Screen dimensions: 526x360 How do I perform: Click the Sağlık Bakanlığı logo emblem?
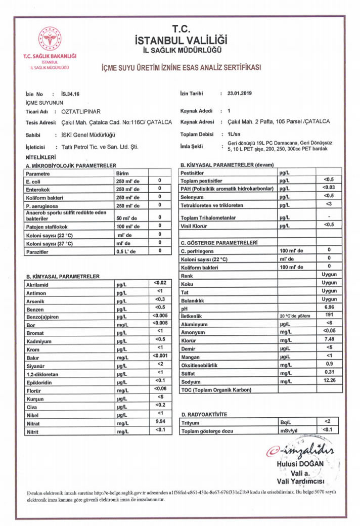[x=50, y=39]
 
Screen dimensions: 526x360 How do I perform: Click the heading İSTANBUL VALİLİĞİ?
[x=181, y=39]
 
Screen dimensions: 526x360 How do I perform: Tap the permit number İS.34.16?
[x=70, y=94]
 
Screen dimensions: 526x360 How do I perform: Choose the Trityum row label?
[x=191, y=422]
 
